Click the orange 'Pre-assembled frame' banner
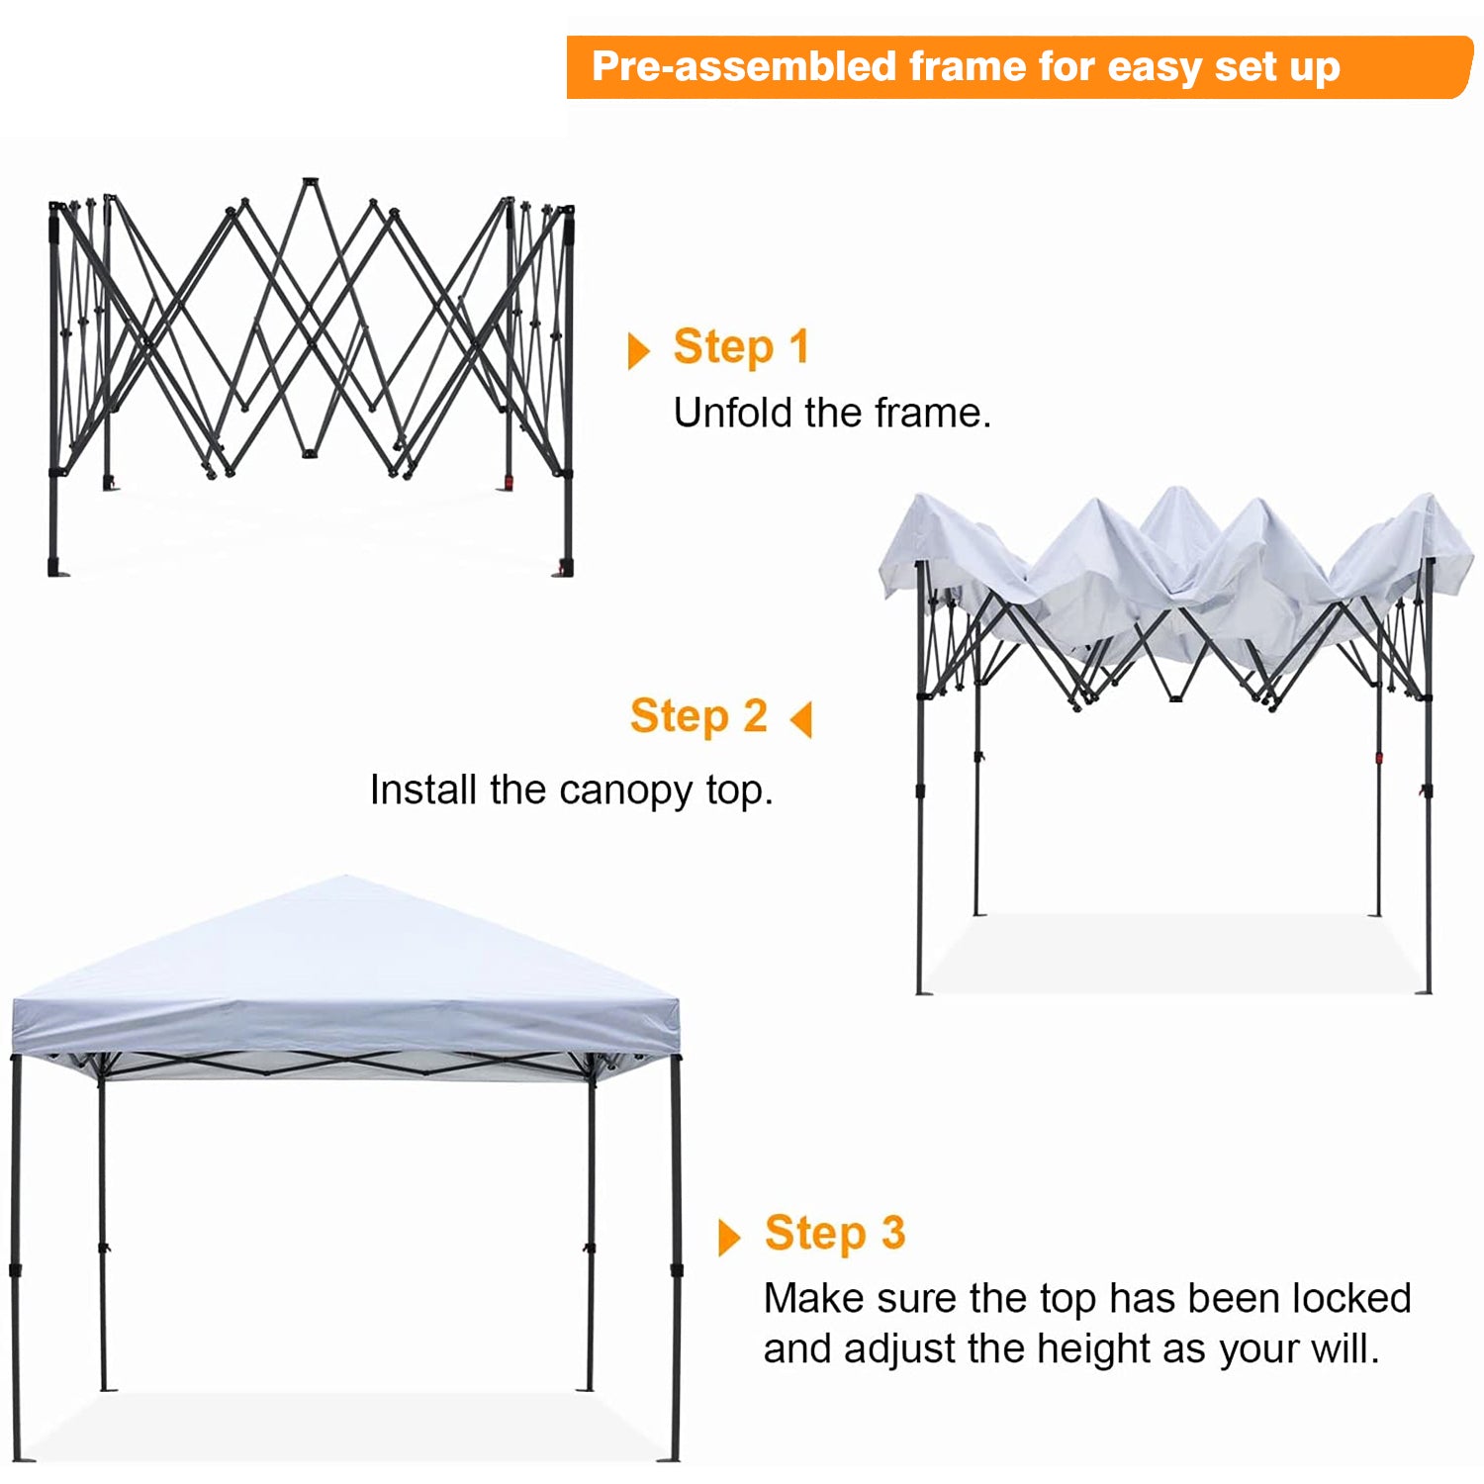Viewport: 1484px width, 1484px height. pos(1019,67)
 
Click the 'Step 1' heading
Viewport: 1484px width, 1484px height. pos(741,348)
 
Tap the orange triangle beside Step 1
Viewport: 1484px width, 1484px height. pos(639,350)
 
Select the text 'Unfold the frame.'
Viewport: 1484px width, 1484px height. pos(832,413)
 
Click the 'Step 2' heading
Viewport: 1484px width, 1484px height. pos(698,716)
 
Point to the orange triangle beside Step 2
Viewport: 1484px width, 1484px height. pos(801,719)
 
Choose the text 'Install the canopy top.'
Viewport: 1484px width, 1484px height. pos(571,790)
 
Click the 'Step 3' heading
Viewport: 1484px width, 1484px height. pos(835,1234)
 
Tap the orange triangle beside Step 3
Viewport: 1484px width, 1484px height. pos(729,1238)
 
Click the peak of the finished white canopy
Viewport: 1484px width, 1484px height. pos(346,877)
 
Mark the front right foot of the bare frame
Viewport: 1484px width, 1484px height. pos(565,569)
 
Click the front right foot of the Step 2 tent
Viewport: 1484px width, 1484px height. pos(1425,990)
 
